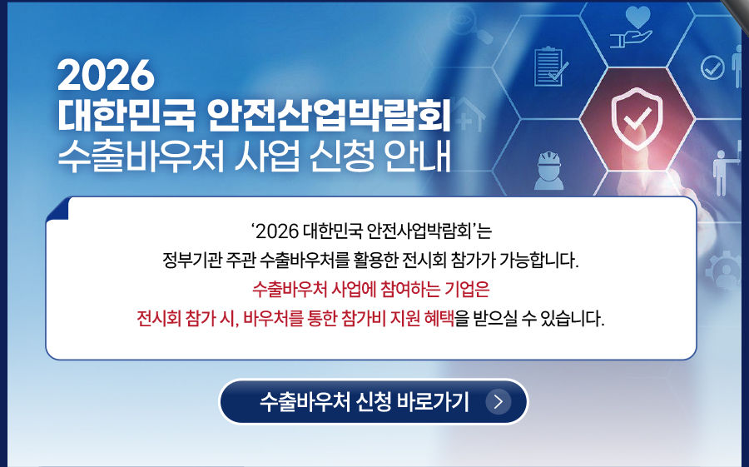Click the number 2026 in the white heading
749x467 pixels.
tap(106, 75)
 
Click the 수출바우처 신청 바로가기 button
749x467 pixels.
tap(373, 401)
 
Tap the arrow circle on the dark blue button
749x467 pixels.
tap(499, 401)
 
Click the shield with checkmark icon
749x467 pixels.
tap(637, 117)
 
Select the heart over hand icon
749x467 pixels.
tap(631, 27)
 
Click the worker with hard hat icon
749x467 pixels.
tap(549, 170)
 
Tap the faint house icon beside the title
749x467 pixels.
tap(470, 115)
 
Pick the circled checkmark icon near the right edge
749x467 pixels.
tap(712, 67)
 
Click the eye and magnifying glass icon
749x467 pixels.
tap(470, 27)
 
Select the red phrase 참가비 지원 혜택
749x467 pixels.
tap(398, 318)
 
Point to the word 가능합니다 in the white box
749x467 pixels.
tap(538, 261)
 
